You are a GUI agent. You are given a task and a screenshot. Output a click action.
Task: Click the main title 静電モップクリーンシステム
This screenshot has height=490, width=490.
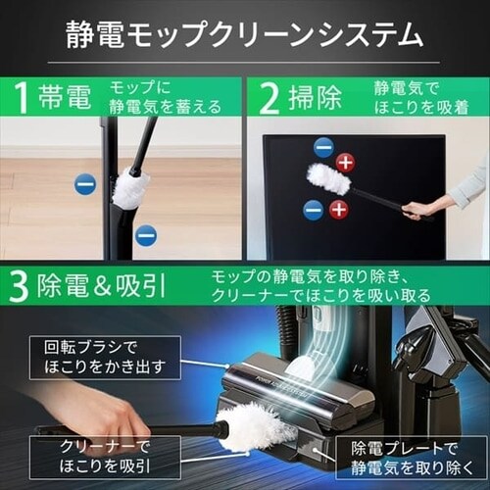(x=245, y=36)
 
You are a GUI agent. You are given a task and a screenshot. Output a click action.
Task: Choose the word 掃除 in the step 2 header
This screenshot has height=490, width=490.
(x=316, y=98)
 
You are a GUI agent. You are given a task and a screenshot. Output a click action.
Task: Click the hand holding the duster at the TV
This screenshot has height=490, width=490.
(x=419, y=209)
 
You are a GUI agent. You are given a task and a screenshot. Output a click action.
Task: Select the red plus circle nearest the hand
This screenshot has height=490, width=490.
(x=338, y=209)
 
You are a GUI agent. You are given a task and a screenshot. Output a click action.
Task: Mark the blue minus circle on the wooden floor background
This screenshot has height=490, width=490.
(x=85, y=183)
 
